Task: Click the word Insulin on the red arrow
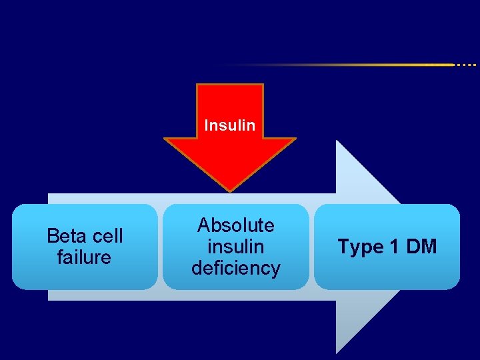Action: (229, 125)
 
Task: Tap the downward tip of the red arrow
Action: (229, 189)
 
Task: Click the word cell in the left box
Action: (106, 236)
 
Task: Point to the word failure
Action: (85, 257)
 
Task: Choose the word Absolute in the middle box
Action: (236, 225)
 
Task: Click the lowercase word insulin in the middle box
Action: (236, 247)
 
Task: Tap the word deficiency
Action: (236, 268)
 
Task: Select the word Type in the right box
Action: (360, 247)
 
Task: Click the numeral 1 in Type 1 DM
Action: (393, 247)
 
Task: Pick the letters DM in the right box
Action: (421, 247)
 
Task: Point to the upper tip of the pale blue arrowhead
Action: (337, 142)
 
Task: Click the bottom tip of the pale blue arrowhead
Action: (337, 351)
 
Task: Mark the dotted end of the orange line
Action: (466, 65)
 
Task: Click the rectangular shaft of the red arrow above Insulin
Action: (229, 100)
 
